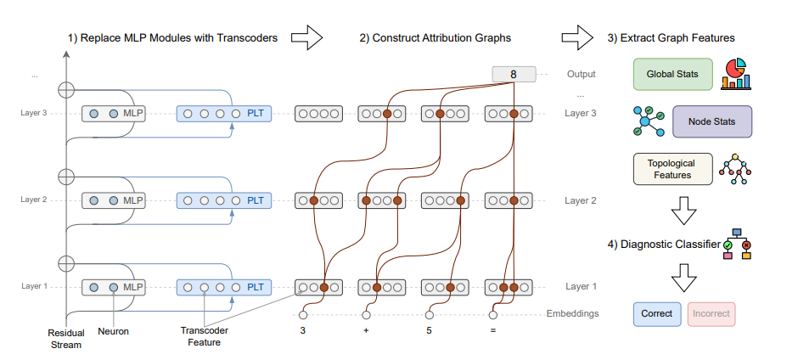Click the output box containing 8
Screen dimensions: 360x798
point(514,75)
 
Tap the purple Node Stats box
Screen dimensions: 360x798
point(711,121)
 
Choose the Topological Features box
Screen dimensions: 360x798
point(672,169)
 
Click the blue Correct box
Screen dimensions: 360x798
point(657,314)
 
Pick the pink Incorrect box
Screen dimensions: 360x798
point(711,314)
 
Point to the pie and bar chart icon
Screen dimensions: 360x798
point(737,74)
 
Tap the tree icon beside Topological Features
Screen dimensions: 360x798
point(736,170)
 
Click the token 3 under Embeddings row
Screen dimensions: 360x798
point(303,330)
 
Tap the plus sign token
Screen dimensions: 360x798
point(366,330)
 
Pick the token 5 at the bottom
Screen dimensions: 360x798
point(430,330)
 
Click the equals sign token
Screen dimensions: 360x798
point(493,330)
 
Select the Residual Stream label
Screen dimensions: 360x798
point(65,338)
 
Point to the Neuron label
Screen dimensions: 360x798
point(114,331)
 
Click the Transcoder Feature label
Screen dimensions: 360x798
point(205,336)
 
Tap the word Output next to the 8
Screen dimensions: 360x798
point(582,75)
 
